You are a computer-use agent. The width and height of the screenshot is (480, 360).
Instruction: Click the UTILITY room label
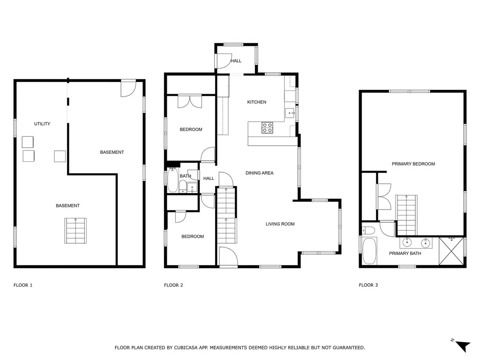[x=42, y=124]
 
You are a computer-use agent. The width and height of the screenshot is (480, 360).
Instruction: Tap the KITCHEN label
[x=256, y=102]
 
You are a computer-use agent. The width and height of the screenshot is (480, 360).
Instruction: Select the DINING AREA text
[x=259, y=173]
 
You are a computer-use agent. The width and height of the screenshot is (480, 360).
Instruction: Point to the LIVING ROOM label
[x=280, y=224]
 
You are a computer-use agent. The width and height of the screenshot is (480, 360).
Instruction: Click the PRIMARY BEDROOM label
[x=413, y=164]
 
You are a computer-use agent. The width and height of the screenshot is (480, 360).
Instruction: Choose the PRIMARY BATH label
[x=405, y=253]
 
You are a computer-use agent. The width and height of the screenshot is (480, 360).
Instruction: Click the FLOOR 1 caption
[x=23, y=285]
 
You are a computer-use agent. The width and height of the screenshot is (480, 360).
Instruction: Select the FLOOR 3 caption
[x=368, y=285]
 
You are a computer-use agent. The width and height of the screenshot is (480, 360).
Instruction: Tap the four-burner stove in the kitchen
[x=267, y=127]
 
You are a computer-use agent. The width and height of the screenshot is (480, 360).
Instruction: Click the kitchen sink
[x=290, y=113]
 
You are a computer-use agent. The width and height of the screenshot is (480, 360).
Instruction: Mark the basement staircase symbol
[x=75, y=231]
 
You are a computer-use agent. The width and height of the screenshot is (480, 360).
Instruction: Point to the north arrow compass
[x=462, y=345]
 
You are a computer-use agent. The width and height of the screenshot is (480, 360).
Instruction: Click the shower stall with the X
[x=451, y=251]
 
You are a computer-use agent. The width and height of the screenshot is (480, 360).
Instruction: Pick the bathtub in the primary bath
[x=369, y=251]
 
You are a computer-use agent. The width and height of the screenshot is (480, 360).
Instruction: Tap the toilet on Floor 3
[x=368, y=230]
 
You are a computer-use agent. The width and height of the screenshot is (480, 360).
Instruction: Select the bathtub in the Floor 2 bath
[x=172, y=180]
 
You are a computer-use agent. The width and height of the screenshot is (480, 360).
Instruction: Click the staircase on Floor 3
[x=406, y=215]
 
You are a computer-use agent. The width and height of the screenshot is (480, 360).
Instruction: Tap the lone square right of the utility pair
[x=60, y=156]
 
